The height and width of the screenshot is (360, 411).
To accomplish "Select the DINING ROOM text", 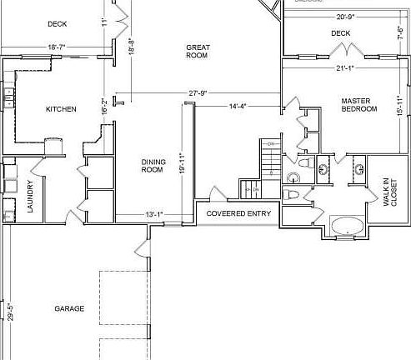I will pyautogui.click(x=151, y=165).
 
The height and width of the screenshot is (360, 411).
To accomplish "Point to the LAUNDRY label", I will pyautogui.click(x=30, y=197).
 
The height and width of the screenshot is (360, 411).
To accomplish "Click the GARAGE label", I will pyautogui.click(x=69, y=309).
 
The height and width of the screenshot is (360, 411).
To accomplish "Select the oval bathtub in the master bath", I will pyautogui.click(x=346, y=227).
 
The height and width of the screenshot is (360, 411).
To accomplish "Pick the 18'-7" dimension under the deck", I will pyautogui.click(x=57, y=47).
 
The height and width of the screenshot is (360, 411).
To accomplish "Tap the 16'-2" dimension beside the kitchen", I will pyautogui.click(x=103, y=106).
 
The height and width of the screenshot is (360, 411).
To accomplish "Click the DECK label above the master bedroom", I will pyautogui.click(x=340, y=33).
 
